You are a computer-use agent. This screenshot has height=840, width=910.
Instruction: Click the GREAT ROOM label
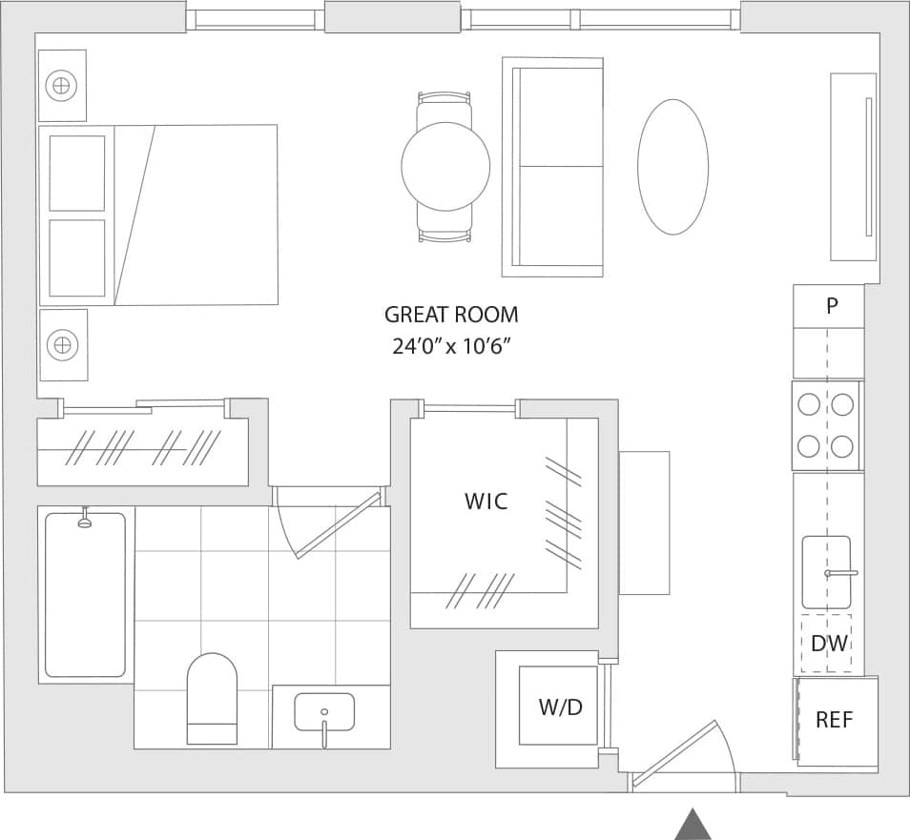click(x=451, y=315)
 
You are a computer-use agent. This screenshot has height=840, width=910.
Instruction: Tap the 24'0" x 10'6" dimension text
click(x=452, y=346)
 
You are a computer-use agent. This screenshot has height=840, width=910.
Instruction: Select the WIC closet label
click(x=486, y=501)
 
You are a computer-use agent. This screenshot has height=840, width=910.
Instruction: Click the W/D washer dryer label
click(x=560, y=707)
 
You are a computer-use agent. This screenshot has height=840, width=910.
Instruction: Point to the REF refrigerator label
click(x=834, y=720)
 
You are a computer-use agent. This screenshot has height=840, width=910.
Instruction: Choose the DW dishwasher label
click(x=828, y=644)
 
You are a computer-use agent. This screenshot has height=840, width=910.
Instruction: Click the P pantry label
click(x=832, y=306)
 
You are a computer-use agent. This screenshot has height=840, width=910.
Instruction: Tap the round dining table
click(x=445, y=167)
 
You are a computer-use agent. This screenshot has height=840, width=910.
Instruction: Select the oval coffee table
click(x=672, y=167)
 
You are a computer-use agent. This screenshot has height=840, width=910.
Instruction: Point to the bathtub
click(x=85, y=595)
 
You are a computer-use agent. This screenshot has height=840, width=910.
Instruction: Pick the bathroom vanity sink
click(x=324, y=712)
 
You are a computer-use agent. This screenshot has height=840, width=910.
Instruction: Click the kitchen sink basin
click(x=826, y=572)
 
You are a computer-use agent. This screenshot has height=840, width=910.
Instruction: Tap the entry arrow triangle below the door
click(x=693, y=824)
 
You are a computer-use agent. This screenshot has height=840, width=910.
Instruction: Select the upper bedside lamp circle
click(x=62, y=86)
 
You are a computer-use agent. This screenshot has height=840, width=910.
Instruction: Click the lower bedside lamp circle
click(x=63, y=343)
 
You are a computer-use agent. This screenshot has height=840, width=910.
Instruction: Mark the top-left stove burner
click(x=809, y=404)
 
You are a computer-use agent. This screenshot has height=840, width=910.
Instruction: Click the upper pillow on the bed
click(x=77, y=173)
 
